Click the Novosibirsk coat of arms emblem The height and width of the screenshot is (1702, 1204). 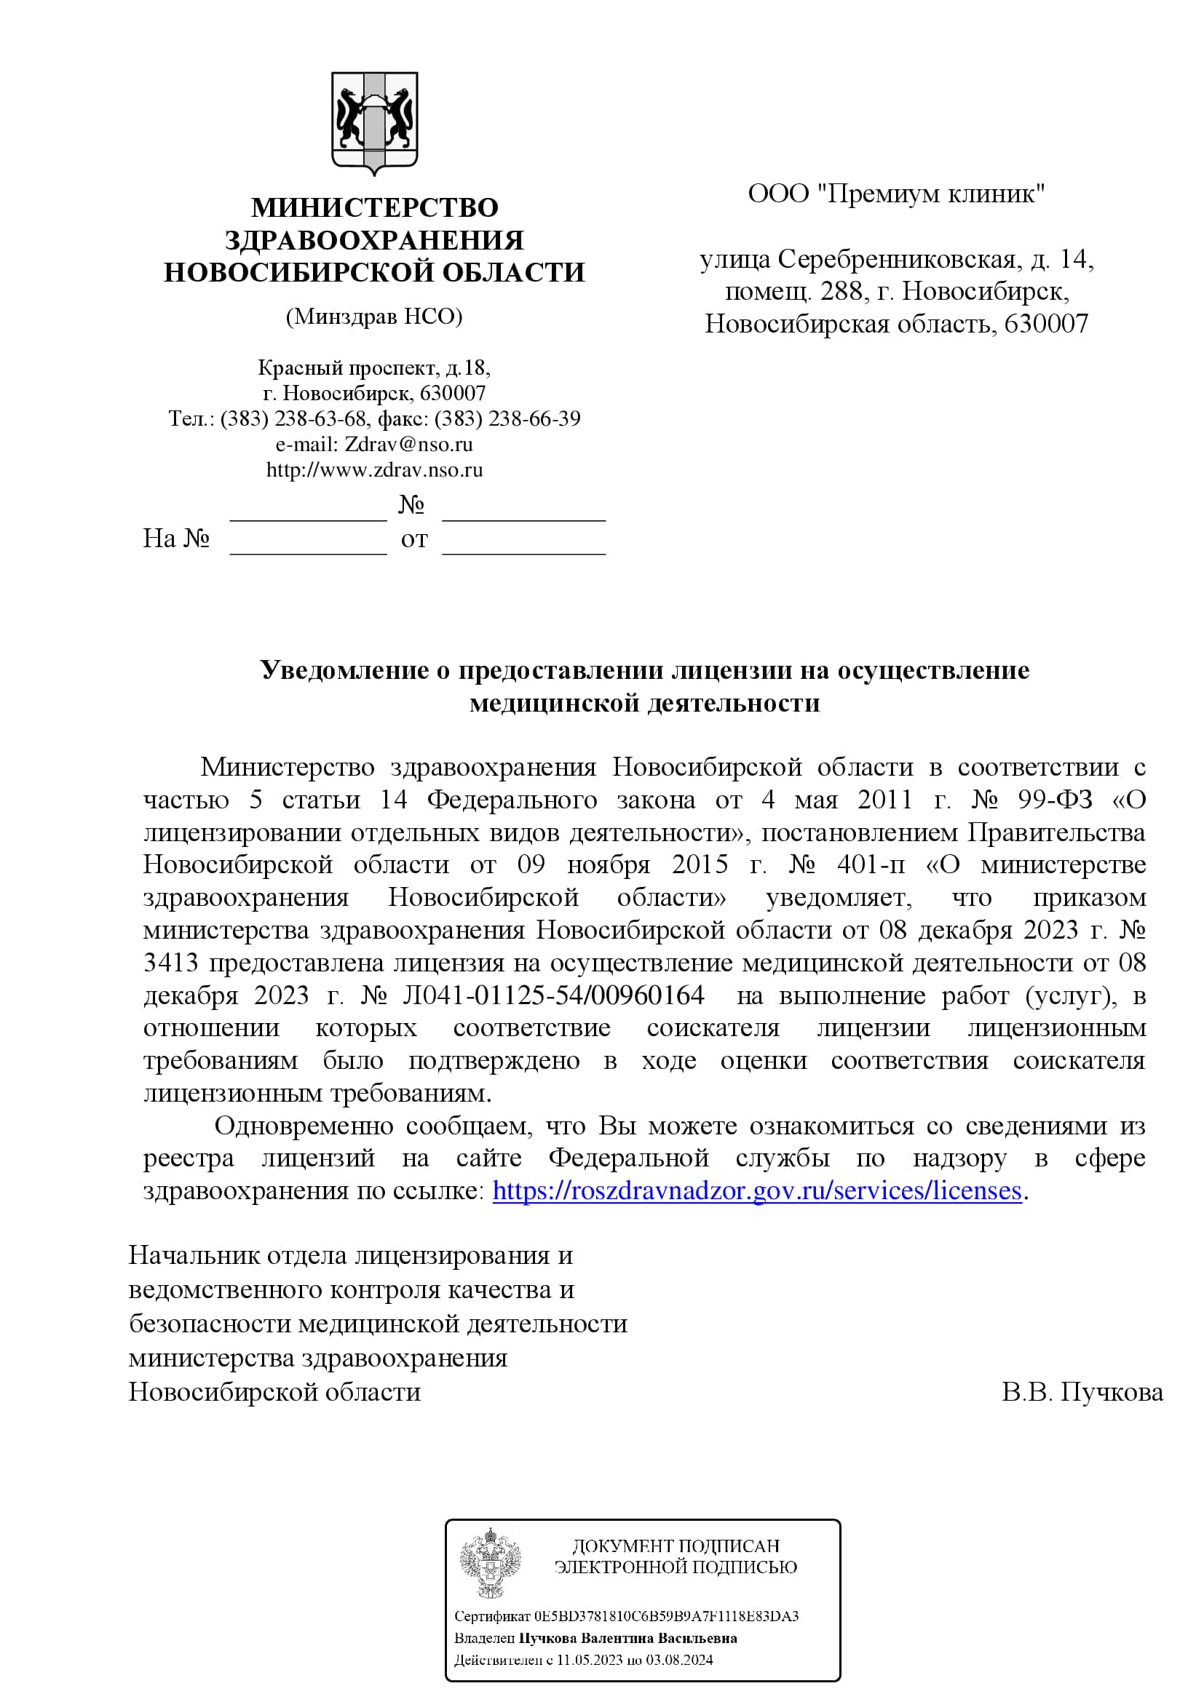click(x=374, y=122)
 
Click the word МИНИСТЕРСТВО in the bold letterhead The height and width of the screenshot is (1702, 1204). click(x=374, y=207)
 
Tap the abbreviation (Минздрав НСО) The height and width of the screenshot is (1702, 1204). click(x=374, y=317)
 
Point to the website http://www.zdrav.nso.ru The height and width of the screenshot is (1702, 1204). click(x=374, y=470)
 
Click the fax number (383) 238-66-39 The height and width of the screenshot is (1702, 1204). click(x=507, y=419)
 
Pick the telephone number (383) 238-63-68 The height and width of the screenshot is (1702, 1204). click(x=293, y=419)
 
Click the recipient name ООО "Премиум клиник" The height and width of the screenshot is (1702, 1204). click(x=896, y=194)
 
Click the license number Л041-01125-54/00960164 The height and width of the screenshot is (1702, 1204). click(x=553, y=995)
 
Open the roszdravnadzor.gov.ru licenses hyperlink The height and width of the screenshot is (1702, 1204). click(x=757, y=1190)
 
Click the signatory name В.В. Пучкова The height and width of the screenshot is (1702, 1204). click(x=1082, y=1392)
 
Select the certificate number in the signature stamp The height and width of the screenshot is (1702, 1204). click(x=666, y=1616)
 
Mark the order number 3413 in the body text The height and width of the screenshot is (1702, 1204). click(x=170, y=962)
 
